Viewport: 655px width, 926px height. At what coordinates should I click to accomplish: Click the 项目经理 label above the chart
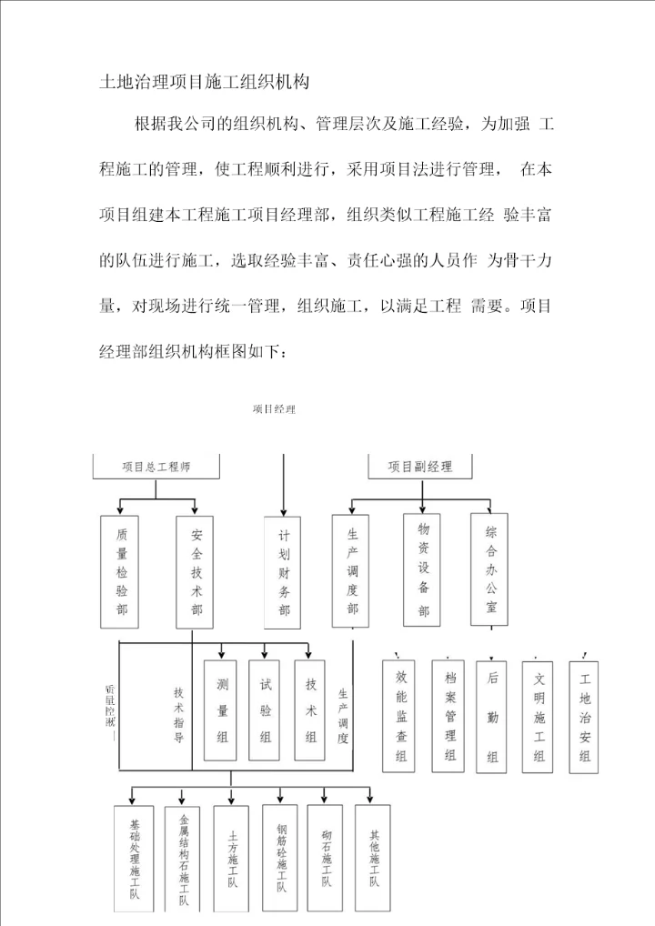[274, 409]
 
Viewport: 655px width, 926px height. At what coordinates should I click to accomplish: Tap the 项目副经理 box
[419, 467]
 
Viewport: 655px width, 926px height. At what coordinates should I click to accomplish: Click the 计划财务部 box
[284, 573]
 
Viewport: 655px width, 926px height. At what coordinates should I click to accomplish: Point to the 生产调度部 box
[352, 571]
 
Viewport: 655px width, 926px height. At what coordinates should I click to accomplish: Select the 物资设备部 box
[423, 569]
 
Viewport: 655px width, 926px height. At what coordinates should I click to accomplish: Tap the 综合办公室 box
[490, 569]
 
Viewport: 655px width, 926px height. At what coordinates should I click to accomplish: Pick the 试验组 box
[266, 710]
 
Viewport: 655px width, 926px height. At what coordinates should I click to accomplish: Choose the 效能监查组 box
[401, 716]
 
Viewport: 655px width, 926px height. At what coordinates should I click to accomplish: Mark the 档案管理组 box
[449, 716]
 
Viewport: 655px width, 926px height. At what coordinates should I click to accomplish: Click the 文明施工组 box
[539, 716]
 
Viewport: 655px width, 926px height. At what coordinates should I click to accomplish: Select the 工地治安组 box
[584, 716]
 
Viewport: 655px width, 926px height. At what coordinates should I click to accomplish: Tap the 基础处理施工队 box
[135, 859]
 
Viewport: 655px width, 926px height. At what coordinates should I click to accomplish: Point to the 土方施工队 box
[233, 859]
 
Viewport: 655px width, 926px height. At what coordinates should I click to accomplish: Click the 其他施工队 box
[373, 859]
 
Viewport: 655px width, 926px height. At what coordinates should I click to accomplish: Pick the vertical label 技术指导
[178, 715]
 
